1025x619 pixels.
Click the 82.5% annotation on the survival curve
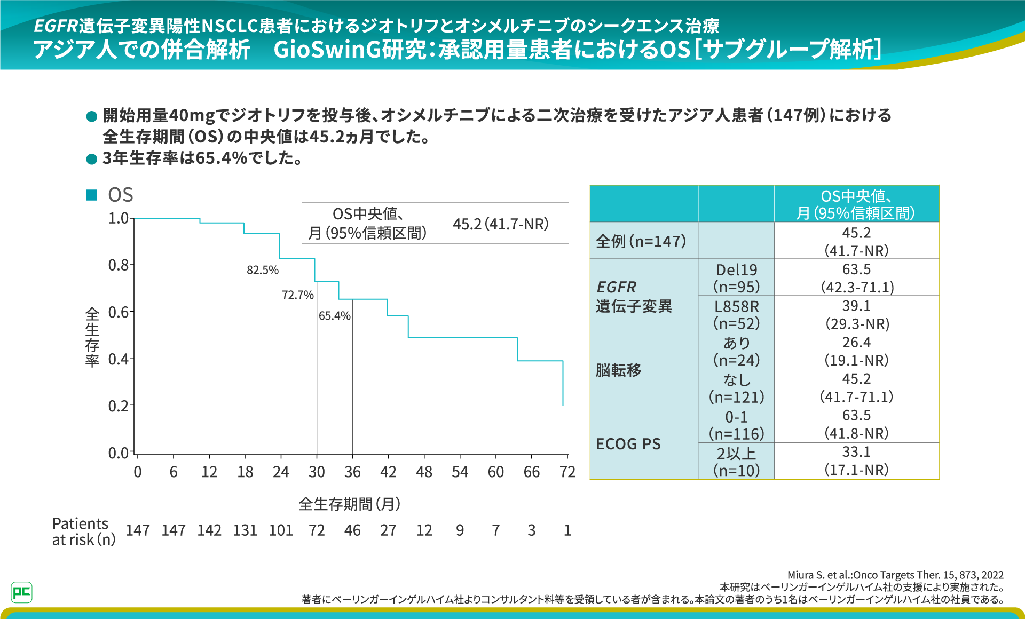262,270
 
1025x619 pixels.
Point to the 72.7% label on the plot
298,295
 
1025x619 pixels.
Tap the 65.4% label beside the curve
334,316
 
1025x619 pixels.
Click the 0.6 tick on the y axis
119,312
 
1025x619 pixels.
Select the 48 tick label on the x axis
424,472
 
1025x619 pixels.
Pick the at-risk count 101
281,530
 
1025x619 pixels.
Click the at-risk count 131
245,530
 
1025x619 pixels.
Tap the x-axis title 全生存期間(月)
350,504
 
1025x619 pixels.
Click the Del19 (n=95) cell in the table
736,278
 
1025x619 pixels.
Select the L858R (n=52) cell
736,315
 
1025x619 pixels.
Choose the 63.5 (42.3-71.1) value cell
856,278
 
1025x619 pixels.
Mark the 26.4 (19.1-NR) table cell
856,351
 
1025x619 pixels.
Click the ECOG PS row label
628,444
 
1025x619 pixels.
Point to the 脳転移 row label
619,370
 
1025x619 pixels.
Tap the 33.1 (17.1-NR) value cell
856,461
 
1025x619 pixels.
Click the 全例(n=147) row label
641,241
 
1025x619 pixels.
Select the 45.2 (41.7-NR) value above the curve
500,224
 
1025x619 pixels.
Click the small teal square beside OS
92,195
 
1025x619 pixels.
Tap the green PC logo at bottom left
21,592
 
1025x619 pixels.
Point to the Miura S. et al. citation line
895,575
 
